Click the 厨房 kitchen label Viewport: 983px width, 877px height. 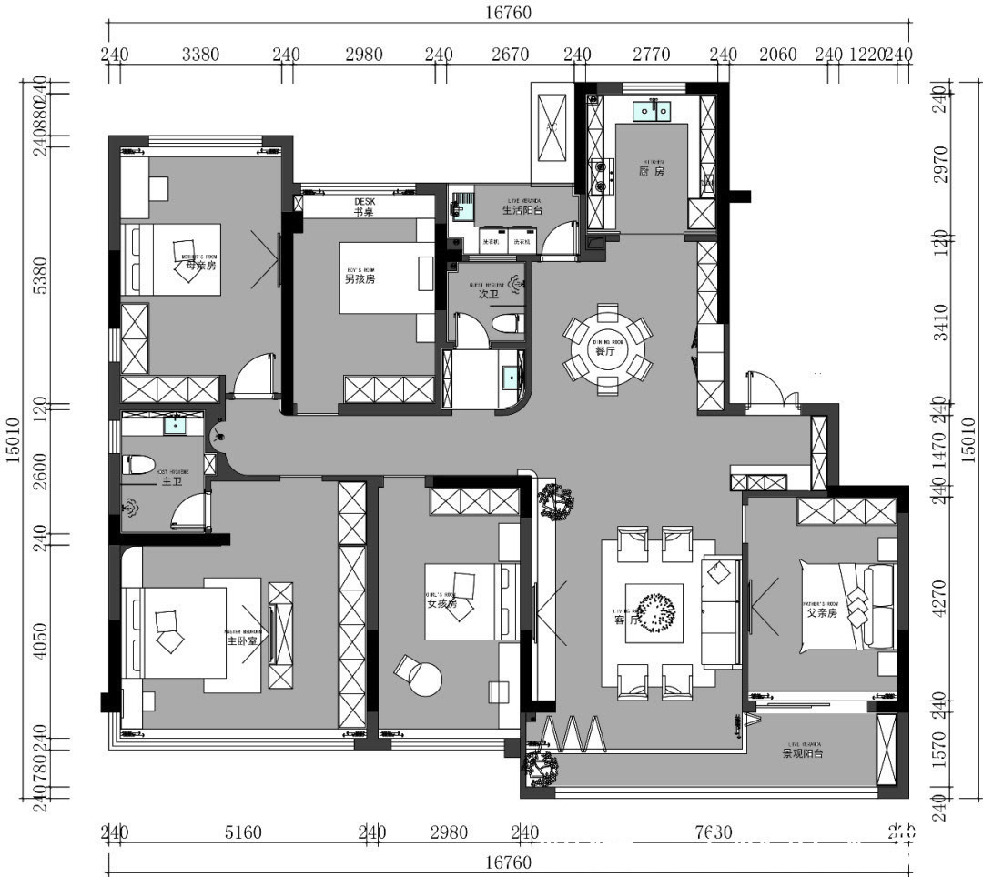(x=652, y=171)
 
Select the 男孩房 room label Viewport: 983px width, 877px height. (x=360, y=279)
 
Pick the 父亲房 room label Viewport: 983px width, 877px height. (x=823, y=613)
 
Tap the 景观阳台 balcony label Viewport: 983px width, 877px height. (x=803, y=753)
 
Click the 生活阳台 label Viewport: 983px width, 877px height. (x=522, y=210)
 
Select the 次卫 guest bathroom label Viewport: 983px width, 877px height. (x=489, y=294)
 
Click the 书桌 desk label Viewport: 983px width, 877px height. (x=364, y=211)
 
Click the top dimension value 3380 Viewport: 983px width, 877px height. (x=200, y=55)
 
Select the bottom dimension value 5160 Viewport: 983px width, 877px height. (x=242, y=832)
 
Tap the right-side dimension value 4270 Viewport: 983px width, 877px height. (x=939, y=598)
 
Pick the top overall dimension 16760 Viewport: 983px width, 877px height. (x=508, y=13)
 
